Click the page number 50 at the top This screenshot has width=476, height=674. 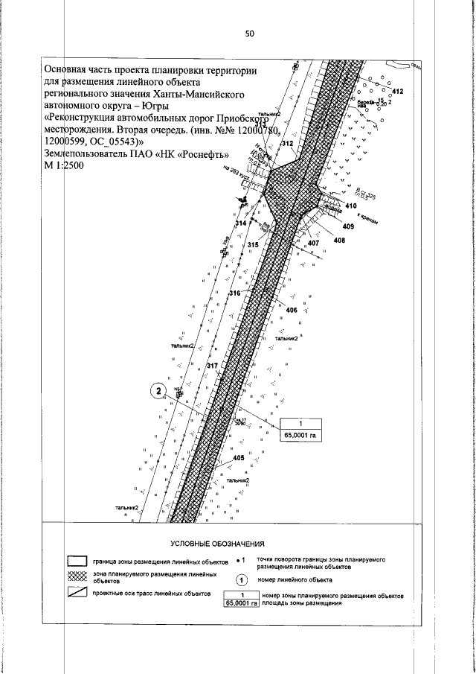coord(249,34)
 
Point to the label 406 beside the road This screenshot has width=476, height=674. coord(292,310)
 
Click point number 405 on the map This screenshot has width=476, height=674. coord(239,457)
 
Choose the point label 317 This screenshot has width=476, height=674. coord(211,366)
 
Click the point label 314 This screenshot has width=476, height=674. coord(240,223)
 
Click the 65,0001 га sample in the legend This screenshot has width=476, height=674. coord(241,599)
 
